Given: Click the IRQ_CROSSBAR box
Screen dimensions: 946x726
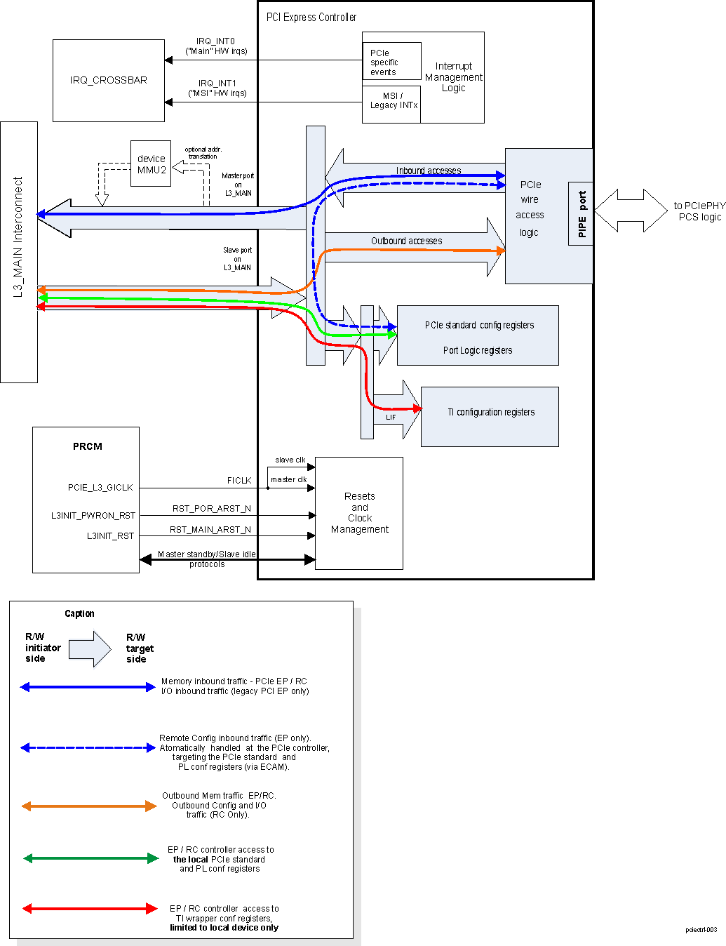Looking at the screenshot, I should click(109, 80).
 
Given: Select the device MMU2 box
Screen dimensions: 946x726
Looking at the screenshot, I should click(151, 164).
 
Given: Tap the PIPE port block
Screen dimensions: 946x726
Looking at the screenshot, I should click(581, 214).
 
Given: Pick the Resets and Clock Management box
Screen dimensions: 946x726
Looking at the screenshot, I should click(359, 513).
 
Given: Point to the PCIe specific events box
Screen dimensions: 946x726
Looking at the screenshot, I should click(391, 62).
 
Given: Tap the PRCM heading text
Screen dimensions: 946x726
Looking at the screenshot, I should click(88, 446).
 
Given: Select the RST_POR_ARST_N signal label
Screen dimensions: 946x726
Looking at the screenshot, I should click(212, 508).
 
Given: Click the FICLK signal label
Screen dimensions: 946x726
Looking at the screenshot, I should click(239, 481).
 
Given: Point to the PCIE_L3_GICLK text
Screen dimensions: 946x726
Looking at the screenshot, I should click(100, 487).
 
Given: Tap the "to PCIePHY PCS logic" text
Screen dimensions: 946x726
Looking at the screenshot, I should click(699, 211).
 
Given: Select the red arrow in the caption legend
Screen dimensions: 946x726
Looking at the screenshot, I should click(90, 908).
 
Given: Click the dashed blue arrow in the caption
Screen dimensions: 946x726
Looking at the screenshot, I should click(88, 747).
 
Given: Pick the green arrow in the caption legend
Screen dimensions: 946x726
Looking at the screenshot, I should click(90, 858).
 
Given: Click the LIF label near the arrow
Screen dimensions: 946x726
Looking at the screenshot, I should click(391, 417).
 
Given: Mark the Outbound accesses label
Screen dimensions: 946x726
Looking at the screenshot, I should click(406, 241).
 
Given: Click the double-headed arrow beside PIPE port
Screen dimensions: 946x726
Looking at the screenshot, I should click(631, 211).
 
